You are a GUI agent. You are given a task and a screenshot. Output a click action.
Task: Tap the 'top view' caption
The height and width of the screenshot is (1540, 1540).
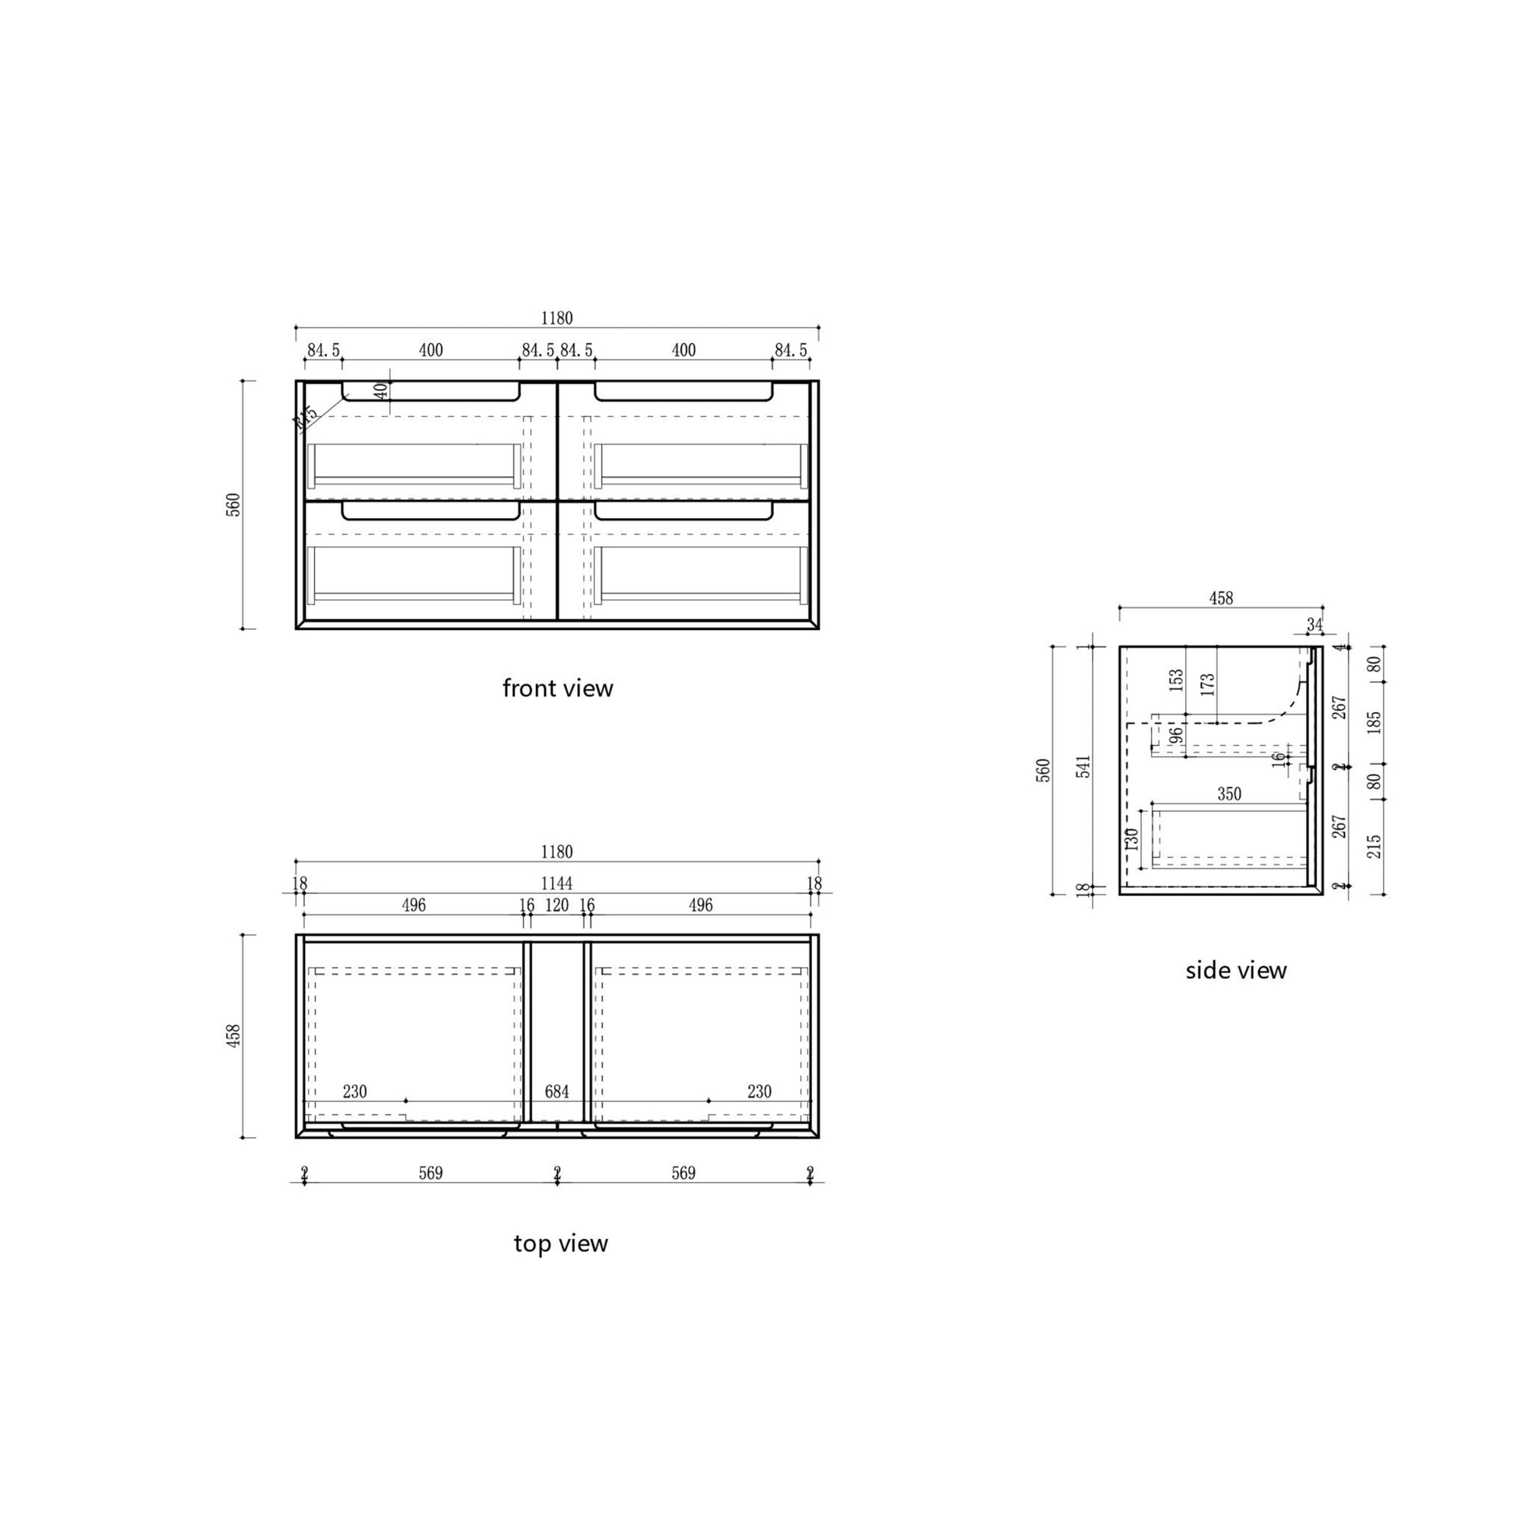tap(561, 1243)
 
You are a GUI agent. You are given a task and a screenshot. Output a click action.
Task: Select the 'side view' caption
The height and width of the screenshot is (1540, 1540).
tap(1236, 970)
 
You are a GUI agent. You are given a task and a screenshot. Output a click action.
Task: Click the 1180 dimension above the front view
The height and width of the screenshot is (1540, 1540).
tap(556, 318)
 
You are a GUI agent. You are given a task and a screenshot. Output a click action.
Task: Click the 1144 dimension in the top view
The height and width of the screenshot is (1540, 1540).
tap(556, 883)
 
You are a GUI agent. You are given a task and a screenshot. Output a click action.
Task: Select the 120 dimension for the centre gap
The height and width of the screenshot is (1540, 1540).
tap(556, 905)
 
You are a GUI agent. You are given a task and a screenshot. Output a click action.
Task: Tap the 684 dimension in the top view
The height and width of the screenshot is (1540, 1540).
tap(556, 1091)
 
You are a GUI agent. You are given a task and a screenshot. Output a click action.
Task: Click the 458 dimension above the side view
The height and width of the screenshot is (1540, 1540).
tap(1221, 598)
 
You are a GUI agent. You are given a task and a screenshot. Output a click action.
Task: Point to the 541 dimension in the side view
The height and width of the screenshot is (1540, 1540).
tap(1083, 767)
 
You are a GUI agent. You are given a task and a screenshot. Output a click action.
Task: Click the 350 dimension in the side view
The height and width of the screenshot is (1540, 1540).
tap(1229, 794)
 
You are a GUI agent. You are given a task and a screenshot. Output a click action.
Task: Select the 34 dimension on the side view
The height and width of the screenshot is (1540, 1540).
tap(1314, 624)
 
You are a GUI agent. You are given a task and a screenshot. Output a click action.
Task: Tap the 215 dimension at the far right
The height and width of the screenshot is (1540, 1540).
tap(1374, 846)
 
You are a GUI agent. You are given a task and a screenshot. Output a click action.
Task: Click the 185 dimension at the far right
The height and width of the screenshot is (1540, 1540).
tap(1374, 723)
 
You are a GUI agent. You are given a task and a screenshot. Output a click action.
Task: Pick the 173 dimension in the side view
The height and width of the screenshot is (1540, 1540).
tap(1207, 684)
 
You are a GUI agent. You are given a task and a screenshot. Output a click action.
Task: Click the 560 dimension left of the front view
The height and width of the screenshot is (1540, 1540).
tap(233, 505)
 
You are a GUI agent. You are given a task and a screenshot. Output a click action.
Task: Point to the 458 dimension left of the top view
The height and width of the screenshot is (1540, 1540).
tap(233, 1035)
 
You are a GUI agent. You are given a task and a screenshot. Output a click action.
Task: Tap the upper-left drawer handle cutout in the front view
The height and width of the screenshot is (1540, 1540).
tap(431, 392)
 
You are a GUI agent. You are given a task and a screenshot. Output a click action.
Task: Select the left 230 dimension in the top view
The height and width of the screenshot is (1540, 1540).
tap(355, 1091)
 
